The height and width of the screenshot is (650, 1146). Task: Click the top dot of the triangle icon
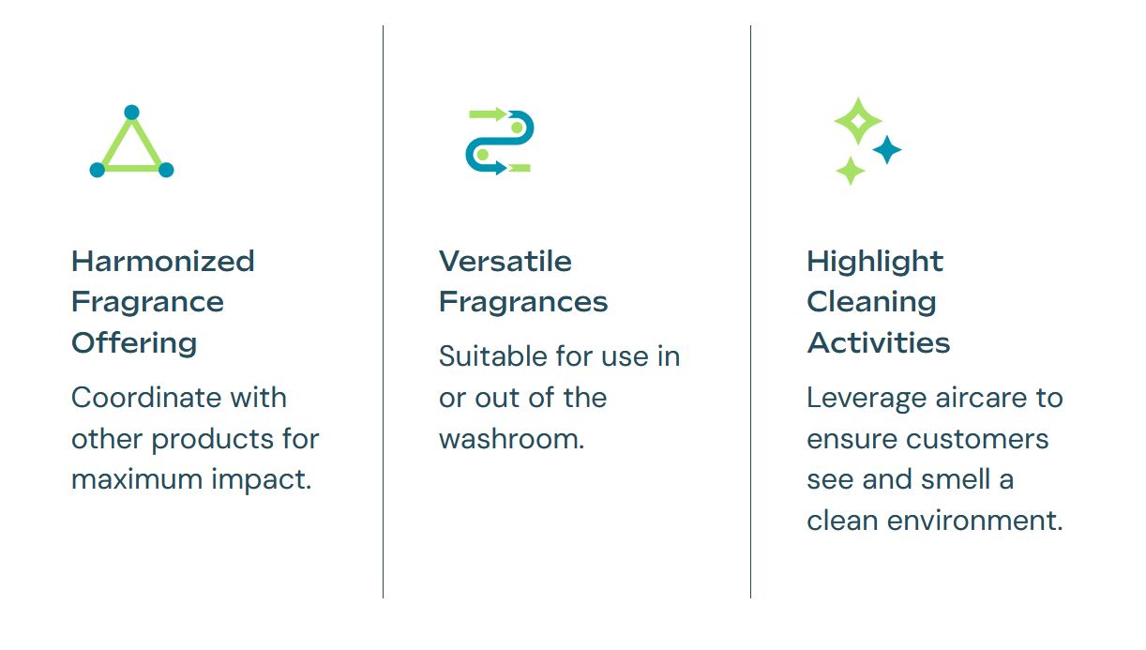tap(131, 113)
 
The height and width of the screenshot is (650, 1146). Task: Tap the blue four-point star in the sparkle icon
tap(886, 149)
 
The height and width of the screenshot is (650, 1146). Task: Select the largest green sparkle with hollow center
tap(858, 121)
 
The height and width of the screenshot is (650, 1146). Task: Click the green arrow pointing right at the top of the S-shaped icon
tap(488, 113)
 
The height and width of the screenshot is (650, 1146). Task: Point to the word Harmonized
tap(162, 261)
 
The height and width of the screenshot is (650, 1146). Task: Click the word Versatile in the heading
tap(505, 261)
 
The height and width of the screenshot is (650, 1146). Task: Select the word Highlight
tap(875, 263)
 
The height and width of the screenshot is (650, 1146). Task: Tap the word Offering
tap(134, 343)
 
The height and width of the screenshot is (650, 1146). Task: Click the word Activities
tap(879, 342)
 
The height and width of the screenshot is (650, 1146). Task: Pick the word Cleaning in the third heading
tap(871, 303)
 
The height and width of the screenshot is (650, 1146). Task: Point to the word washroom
tap(512, 439)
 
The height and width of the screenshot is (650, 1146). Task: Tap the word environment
tap(974, 521)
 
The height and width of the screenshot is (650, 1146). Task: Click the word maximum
tap(138, 480)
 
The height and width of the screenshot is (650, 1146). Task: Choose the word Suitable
tap(493, 356)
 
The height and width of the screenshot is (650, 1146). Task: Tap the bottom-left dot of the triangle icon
tap(98, 170)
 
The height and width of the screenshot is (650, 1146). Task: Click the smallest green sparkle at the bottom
tap(851, 171)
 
